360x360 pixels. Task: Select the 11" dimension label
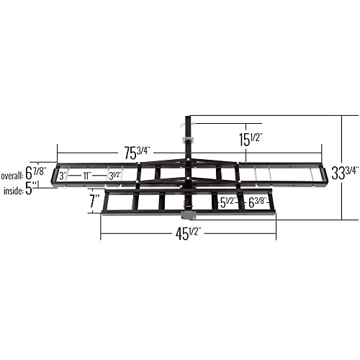86,175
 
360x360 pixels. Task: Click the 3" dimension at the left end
63,175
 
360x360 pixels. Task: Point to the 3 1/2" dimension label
114,175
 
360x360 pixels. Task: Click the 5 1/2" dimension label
229,202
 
